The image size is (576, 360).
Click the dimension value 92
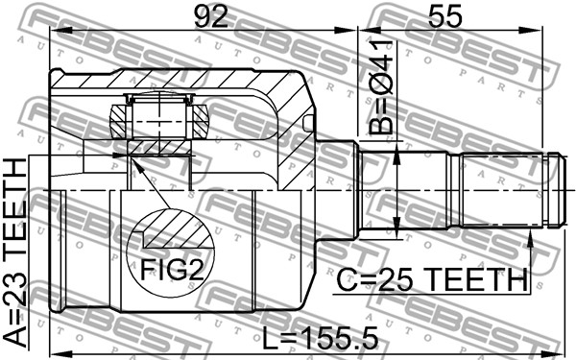211,17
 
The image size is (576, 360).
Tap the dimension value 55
444,17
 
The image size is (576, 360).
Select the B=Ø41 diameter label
380,87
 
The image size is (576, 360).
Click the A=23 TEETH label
15,252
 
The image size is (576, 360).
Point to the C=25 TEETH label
432,279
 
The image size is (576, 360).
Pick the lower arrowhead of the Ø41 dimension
397,225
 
